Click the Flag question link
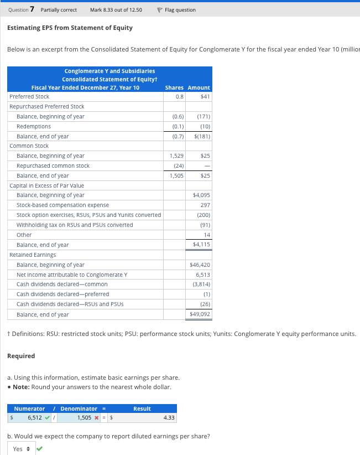176,10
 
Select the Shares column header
174,87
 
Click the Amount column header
199,87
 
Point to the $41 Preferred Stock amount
205,97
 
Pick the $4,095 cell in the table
201,195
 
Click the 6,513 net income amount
203,275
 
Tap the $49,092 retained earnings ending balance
201,314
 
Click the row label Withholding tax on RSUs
75,225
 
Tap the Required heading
21,356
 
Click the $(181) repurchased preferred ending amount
202,136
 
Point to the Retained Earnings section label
33,255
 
